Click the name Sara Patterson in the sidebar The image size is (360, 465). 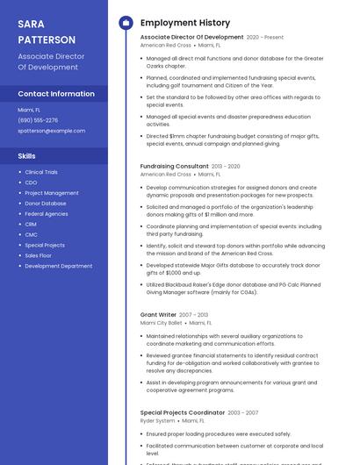tap(44, 32)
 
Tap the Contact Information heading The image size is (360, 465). tap(56, 94)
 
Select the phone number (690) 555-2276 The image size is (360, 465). tap(38, 120)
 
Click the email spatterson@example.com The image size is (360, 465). tap(52, 131)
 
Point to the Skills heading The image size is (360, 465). tap(27, 155)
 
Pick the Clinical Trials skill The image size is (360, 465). tap(41, 172)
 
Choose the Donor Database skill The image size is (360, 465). tap(46, 204)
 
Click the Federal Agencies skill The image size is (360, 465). tap(47, 214)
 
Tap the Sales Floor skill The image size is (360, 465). tap(39, 255)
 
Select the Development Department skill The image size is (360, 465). tap(58, 266)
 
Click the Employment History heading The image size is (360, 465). tap(185, 23)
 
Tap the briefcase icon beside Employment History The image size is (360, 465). tap(126, 23)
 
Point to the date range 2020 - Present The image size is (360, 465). tap(265, 38)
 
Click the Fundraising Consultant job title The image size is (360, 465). tap(175, 166)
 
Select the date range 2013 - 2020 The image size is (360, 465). tap(226, 166)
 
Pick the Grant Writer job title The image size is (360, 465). tap(159, 314)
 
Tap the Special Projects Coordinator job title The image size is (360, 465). tap(183, 412)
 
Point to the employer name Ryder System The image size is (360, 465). tap(158, 421)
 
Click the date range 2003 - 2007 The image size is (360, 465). tap(243, 412)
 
